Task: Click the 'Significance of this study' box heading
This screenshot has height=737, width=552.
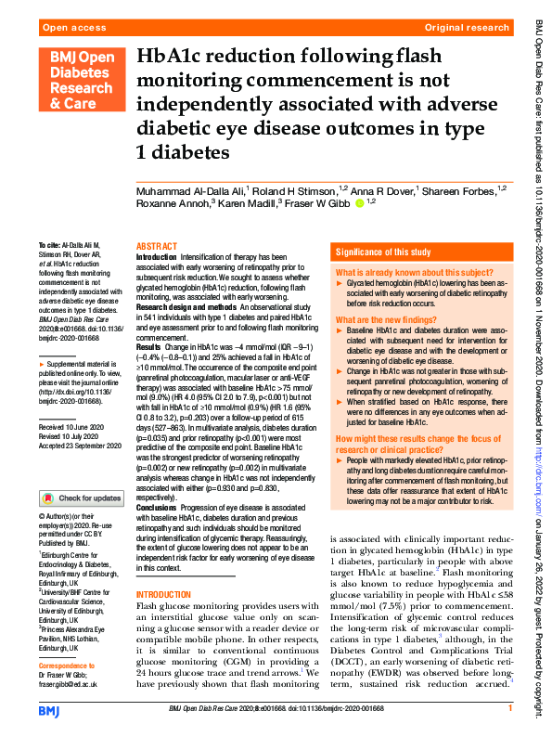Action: tap(382, 252)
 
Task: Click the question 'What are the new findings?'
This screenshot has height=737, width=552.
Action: tap(380, 318)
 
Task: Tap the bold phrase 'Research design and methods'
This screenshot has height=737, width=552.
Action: tap(180, 305)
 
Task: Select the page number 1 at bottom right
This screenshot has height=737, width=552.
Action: tap(509, 709)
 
